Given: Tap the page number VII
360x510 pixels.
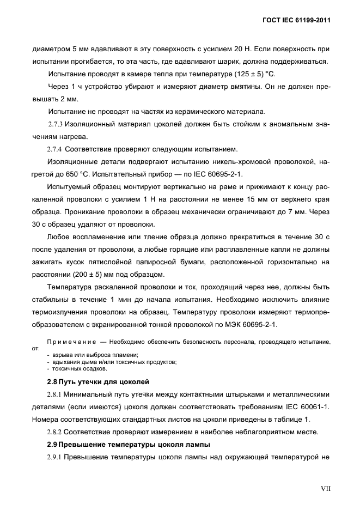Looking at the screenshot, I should coord(325,489).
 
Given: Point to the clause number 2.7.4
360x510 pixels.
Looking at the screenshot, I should coord(54,149).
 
